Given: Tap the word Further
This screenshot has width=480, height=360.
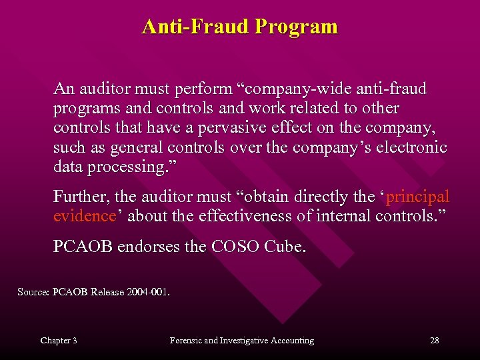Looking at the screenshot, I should click(x=79, y=197).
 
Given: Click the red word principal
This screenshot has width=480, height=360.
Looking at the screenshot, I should click(x=418, y=197).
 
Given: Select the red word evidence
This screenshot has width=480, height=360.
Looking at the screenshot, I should click(x=84, y=217).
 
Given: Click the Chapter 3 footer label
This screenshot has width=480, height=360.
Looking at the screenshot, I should click(x=59, y=341).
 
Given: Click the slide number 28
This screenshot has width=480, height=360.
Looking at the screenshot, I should click(x=434, y=341).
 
